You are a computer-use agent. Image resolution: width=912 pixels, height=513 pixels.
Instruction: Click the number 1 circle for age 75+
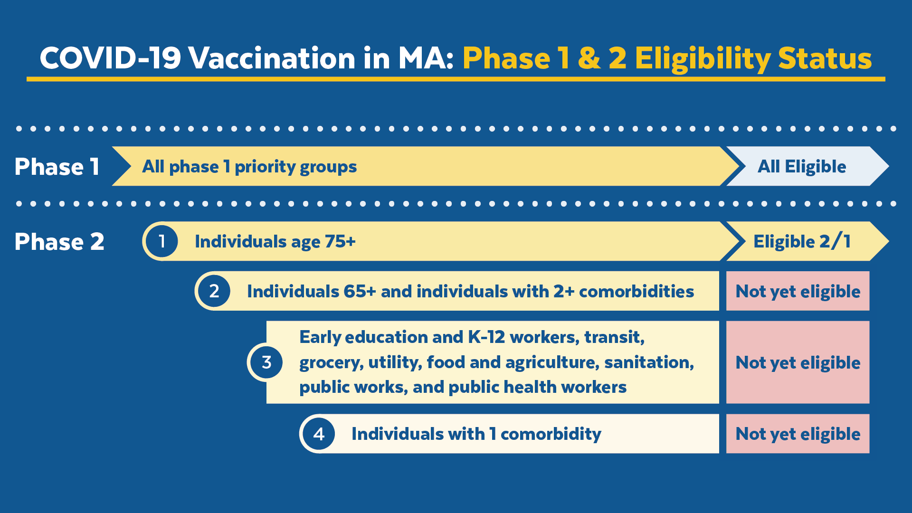tap(162, 241)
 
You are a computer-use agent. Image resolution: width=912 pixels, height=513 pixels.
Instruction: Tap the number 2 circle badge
tap(214, 291)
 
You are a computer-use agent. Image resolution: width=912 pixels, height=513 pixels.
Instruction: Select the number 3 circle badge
tap(266, 362)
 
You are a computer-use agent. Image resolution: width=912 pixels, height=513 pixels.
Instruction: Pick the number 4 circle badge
tap(319, 434)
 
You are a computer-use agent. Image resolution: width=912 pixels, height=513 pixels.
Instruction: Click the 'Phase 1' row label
tap(57, 167)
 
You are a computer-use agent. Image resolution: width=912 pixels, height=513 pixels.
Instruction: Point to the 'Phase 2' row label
tap(59, 242)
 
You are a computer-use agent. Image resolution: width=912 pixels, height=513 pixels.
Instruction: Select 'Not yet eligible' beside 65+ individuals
tap(798, 291)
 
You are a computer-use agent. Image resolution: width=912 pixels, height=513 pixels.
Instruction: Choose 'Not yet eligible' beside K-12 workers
tap(798, 362)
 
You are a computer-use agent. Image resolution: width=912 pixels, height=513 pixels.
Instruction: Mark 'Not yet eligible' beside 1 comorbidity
tap(798, 434)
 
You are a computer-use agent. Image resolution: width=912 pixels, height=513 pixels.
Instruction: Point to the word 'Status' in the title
tap(825, 58)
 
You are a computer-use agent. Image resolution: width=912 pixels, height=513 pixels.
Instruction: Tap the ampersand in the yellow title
tap(589, 58)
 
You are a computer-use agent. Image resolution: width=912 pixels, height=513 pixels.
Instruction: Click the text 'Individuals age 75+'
tap(275, 242)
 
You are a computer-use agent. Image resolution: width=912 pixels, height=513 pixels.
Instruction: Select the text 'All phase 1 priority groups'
tap(249, 167)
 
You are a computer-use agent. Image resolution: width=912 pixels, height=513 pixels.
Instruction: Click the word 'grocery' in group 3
tap(331, 362)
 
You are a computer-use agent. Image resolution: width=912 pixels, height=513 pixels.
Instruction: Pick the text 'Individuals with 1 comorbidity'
tap(476, 434)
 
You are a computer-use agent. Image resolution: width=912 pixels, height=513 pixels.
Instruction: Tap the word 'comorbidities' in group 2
tap(636, 291)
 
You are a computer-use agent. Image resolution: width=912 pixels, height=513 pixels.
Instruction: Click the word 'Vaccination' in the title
tap(272, 58)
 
